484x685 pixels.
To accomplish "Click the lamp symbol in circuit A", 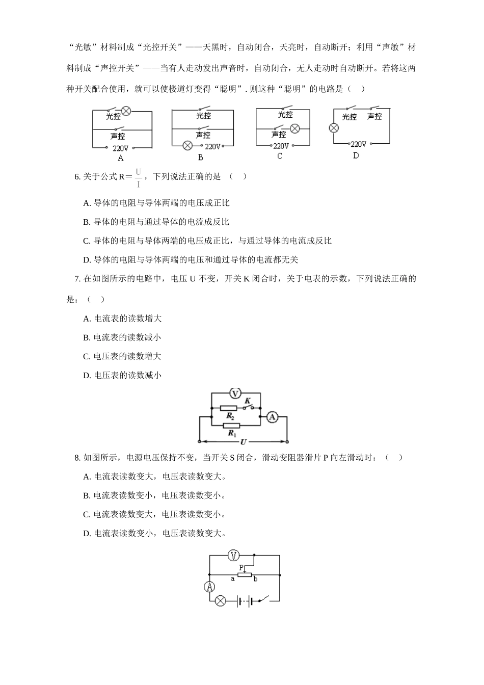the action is pyautogui.click(x=126, y=111).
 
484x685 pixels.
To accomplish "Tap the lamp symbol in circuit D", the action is pyautogui.click(x=334, y=128).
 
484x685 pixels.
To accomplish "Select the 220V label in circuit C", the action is pyautogui.click(x=281, y=146).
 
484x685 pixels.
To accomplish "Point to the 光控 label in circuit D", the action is pyautogui.click(x=349, y=117).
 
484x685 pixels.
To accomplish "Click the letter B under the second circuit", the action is pyautogui.click(x=200, y=158).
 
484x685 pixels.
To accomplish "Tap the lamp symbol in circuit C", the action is pyautogui.click(x=295, y=128).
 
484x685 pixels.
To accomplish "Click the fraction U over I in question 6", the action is pyautogui.click(x=138, y=177).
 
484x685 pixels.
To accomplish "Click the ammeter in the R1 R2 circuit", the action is pyautogui.click(x=272, y=417).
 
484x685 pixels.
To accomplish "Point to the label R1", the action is pyautogui.click(x=232, y=434).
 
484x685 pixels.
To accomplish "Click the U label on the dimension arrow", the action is pyautogui.click(x=243, y=441).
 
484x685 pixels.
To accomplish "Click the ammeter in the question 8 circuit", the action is pyautogui.click(x=209, y=587).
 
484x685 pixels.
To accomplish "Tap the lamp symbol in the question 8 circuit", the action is pyautogui.click(x=220, y=601).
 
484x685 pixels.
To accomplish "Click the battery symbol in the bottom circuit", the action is pyautogui.click(x=244, y=601).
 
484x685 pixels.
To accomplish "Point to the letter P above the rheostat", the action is pyautogui.click(x=241, y=566).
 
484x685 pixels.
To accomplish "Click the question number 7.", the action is pyautogui.click(x=77, y=278).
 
